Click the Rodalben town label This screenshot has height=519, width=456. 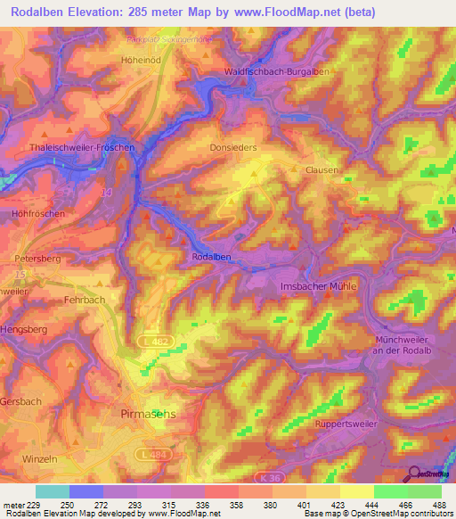pyautogui.click(x=212, y=257)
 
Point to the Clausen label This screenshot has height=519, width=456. pyautogui.click(x=322, y=169)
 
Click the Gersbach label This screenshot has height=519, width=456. pyautogui.click(x=20, y=401)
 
